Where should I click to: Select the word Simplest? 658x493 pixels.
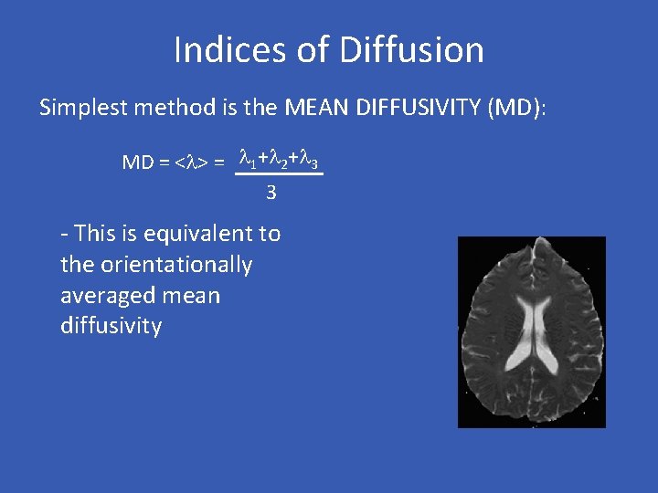[84, 108]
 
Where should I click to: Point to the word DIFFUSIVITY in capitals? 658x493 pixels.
[425, 108]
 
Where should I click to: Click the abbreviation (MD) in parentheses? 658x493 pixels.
[517, 108]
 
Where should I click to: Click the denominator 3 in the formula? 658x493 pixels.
[271, 193]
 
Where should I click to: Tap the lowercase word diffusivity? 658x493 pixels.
[111, 326]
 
